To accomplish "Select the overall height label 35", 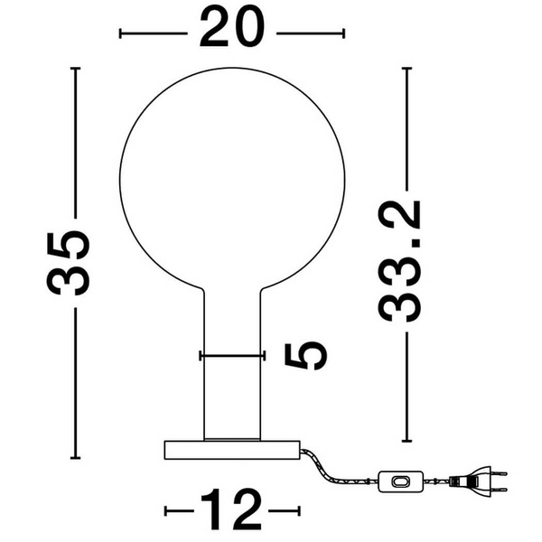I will (70, 263).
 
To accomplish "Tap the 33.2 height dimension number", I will (400, 261).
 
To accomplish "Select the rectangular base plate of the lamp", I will (231, 449).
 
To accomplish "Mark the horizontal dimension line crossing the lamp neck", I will (233, 355).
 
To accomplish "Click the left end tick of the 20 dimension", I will (121, 34).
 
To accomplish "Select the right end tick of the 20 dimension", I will (343, 34).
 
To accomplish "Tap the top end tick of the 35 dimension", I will (76, 68).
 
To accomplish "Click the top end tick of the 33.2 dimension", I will (407, 68).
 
